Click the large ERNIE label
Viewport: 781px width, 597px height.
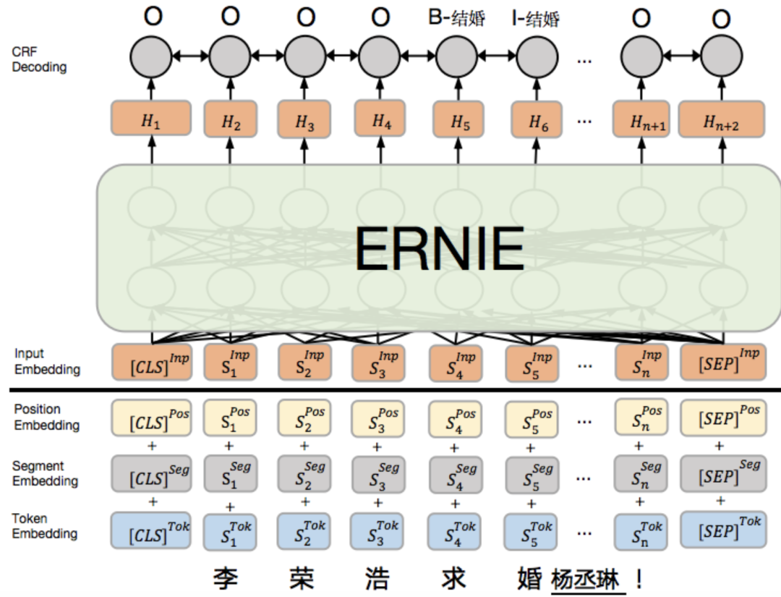point(439,247)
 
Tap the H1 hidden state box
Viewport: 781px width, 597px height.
point(151,119)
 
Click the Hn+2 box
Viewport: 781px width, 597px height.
point(721,119)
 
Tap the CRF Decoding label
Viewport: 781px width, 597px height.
point(39,60)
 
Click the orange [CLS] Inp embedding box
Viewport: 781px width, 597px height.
point(151,362)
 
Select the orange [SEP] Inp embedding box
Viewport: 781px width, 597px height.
point(722,362)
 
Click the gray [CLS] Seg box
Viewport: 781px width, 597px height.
point(151,474)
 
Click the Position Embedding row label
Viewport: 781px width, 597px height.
point(46,418)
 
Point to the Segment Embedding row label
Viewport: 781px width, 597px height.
point(45,473)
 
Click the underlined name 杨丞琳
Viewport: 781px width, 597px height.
point(586,580)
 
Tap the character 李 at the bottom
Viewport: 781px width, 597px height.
point(227,579)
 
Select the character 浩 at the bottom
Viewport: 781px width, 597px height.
point(377,579)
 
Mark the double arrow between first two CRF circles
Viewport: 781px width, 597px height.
point(189,55)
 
